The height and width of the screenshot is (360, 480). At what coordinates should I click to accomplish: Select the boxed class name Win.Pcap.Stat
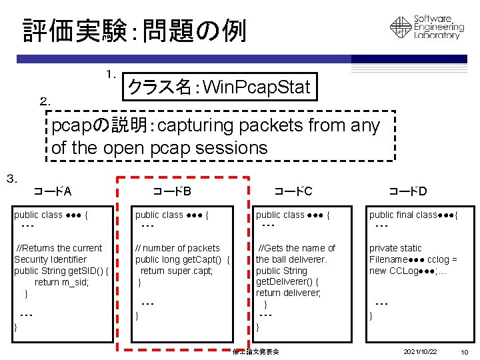click(219, 87)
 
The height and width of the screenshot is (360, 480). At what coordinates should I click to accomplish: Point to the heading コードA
click(53, 192)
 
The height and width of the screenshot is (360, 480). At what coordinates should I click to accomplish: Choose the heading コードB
click(172, 192)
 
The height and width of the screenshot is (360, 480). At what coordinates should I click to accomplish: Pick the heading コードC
click(293, 192)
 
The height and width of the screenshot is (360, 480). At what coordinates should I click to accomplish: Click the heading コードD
click(408, 192)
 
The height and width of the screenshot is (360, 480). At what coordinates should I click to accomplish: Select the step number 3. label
click(11, 178)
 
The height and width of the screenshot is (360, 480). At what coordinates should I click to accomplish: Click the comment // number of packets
click(177, 248)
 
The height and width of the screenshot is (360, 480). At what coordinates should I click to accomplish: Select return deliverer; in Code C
click(288, 293)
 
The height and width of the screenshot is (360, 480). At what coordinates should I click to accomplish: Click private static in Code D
click(395, 248)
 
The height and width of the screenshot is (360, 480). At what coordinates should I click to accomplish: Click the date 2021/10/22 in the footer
click(420, 351)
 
